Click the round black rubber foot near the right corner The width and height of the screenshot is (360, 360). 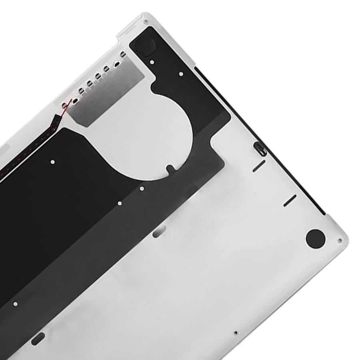pyautogui.click(x=315, y=238)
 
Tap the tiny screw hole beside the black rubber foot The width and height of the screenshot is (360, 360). pyautogui.click(x=340, y=241)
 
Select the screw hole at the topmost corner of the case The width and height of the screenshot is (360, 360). pyautogui.click(x=146, y=22)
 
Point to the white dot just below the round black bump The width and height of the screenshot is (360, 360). pyautogui.click(x=152, y=62)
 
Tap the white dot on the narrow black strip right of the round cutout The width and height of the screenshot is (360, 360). pyautogui.click(x=181, y=74)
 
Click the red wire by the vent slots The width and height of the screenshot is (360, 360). pyautogui.click(x=67, y=104)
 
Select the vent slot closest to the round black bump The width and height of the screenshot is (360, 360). pyautogui.click(x=123, y=54)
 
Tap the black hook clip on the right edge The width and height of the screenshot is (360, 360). pyautogui.click(x=260, y=148)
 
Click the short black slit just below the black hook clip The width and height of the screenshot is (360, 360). pyautogui.click(x=259, y=166)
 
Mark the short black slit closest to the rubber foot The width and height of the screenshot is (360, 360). pyautogui.click(x=290, y=200)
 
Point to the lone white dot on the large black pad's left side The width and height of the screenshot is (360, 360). pyautogui.click(x=52, y=162)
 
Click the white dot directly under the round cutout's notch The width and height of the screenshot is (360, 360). pyautogui.click(x=142, y=188)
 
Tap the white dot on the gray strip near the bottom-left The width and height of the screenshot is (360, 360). pyautogui.click(x=15, y=304)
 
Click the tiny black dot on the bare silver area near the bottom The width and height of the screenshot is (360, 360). pyautogui.click(x=236, y=332)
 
